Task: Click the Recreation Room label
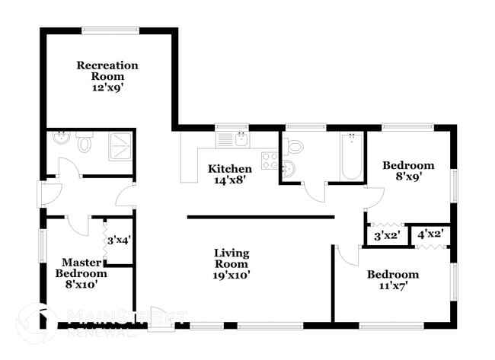click(x=107, y=76)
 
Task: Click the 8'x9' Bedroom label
click(x=408, y=170)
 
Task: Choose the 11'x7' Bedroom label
click(x=392, y=279)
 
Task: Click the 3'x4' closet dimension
click(x=118, y=241)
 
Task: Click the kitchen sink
click(x=238, y=139)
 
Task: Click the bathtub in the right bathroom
click(x=351, y=157)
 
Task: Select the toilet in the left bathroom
click(x=85, y=142)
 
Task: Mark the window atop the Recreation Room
click(x=109, y=30)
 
